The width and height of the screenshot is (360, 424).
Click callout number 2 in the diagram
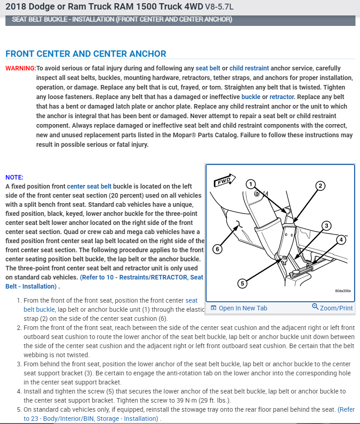(320, 185)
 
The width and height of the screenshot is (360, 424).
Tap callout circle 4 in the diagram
(341, 239)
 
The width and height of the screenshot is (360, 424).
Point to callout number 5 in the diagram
(242, 283)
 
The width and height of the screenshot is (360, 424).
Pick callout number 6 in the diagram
(218, 249)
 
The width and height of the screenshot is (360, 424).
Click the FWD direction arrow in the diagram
(224, 180)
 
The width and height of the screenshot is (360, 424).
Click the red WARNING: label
(20, 68)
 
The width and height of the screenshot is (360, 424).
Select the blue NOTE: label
(14, 177)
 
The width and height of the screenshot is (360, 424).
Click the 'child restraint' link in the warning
(249, 68)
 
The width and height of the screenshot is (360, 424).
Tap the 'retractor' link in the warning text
(281, 97)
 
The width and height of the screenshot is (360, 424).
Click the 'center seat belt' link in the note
(89, 186)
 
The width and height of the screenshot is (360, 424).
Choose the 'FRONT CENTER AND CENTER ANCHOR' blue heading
(86, 54)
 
